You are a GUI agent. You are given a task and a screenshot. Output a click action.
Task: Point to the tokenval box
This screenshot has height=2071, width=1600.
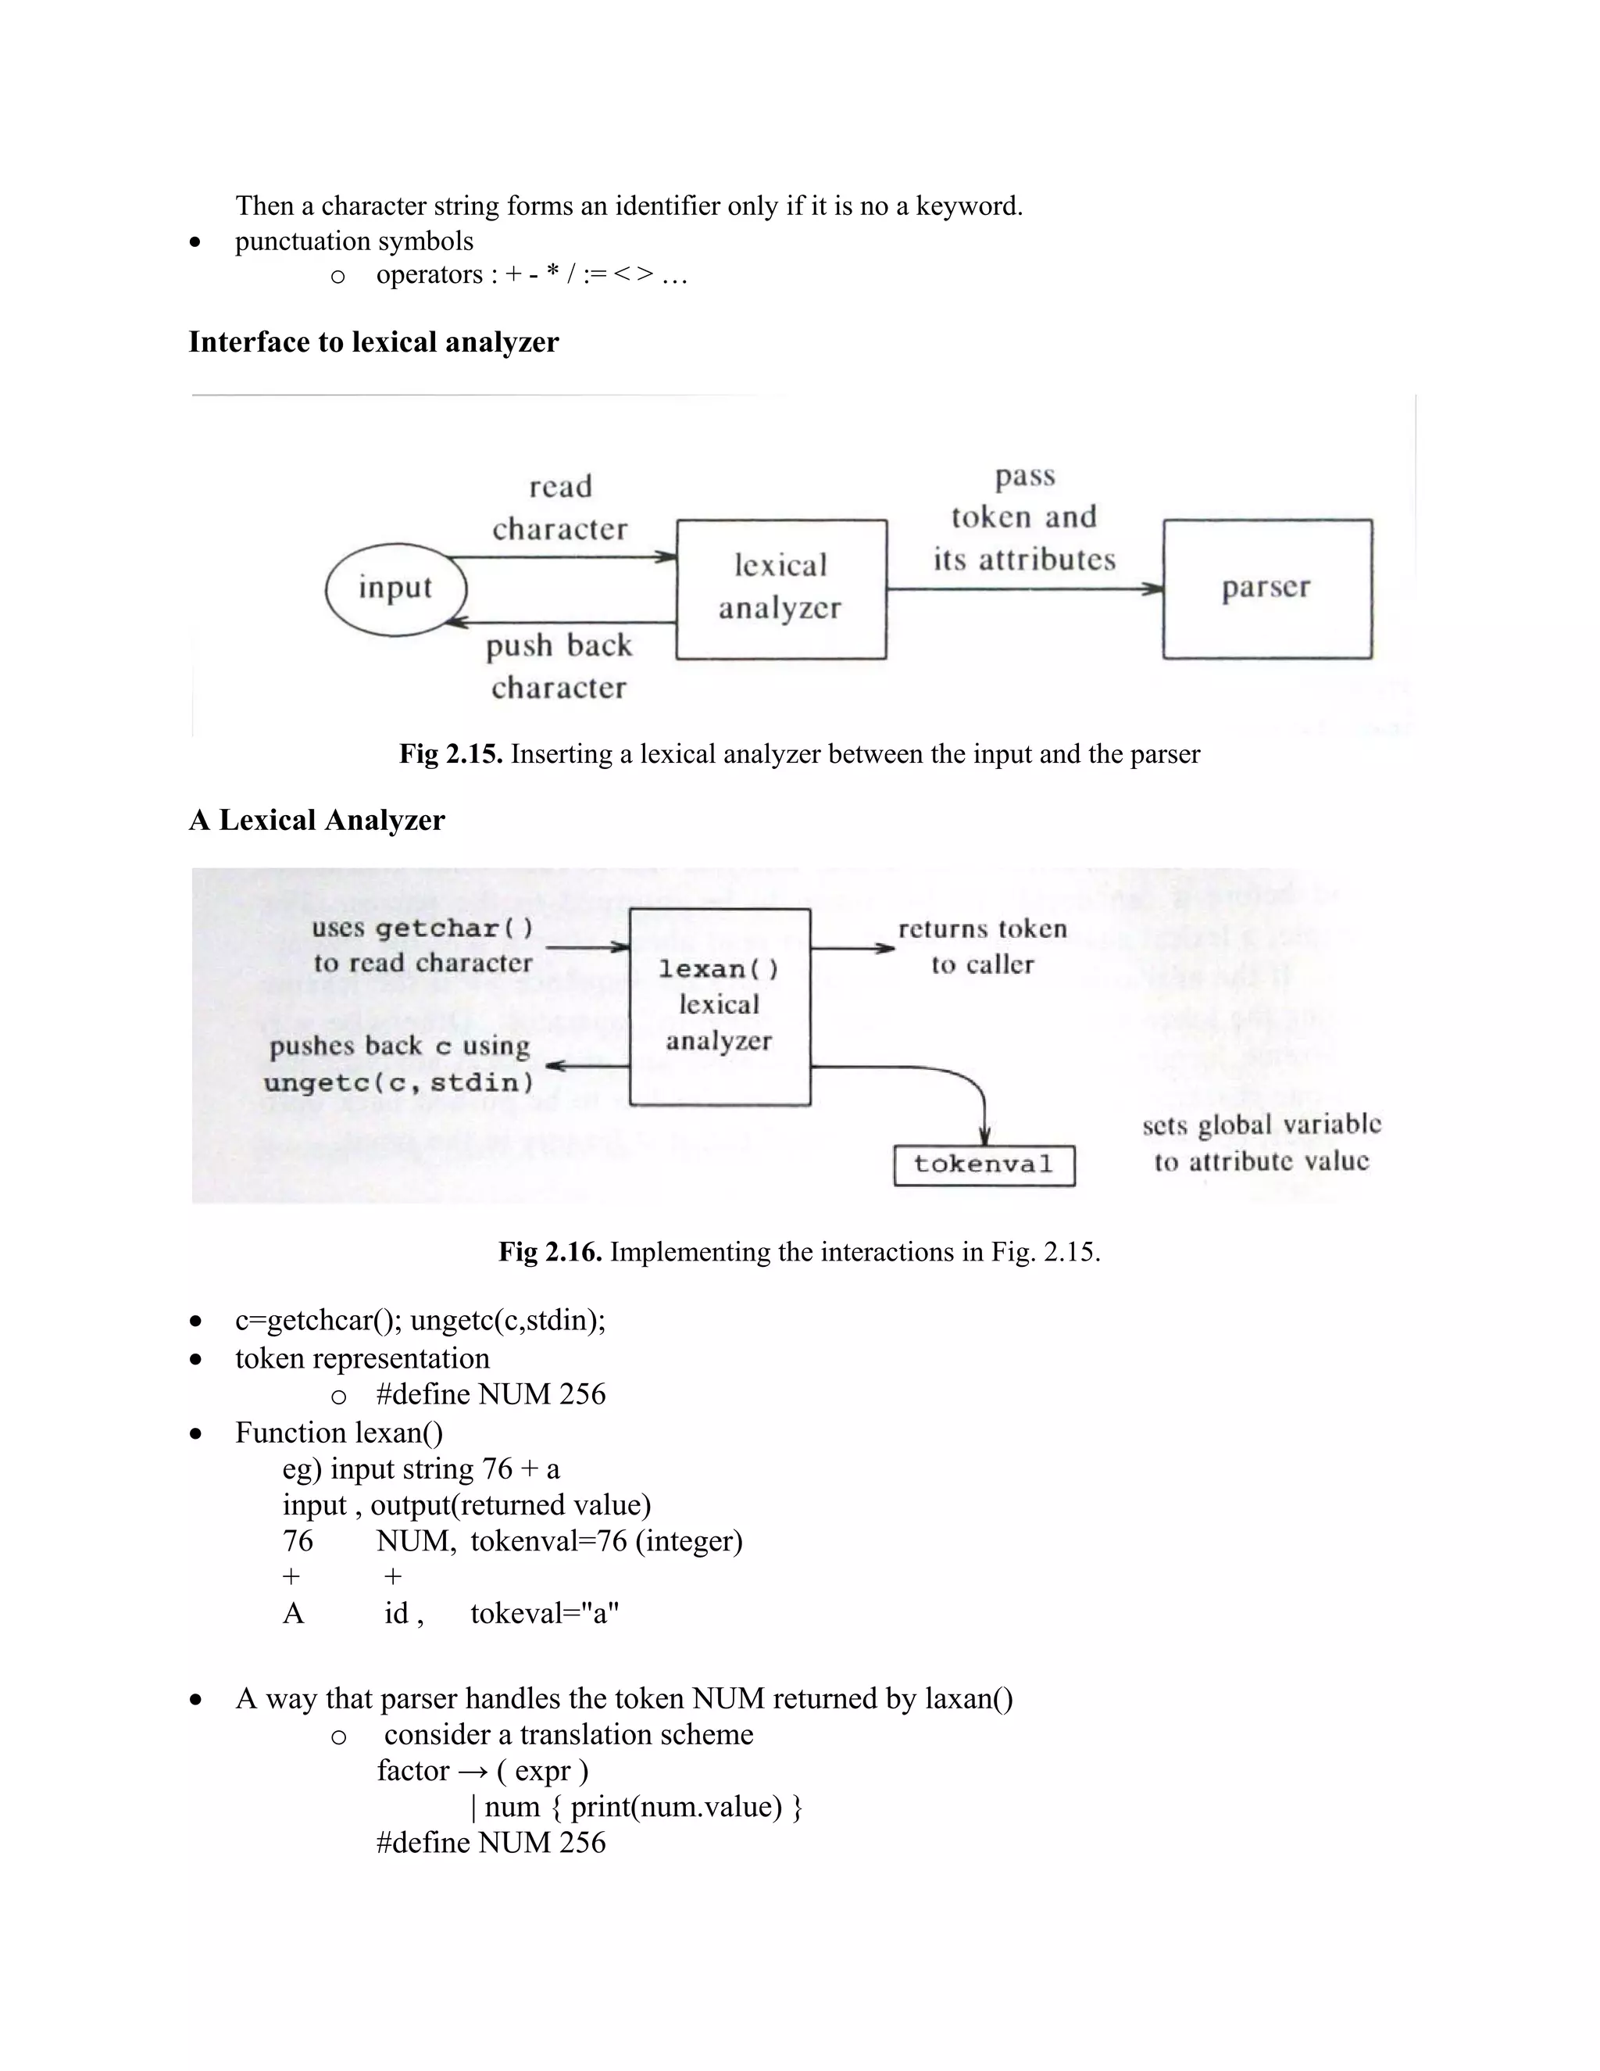coord(984,1164)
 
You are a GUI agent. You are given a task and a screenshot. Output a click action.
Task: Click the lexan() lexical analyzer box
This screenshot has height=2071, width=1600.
coord(720,1006)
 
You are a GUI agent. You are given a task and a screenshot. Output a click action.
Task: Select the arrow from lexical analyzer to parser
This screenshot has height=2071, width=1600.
coord(1023,589)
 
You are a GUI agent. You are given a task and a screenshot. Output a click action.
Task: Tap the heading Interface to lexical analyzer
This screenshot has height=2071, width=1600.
coord(373,342)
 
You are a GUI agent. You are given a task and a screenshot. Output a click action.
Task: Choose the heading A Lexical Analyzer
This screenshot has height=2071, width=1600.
coord(316,821)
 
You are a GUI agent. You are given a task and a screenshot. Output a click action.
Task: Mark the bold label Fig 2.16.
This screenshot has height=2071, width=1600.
coord(550,1252)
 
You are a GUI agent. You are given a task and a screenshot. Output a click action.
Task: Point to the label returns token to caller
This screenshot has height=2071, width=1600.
coord(982,946)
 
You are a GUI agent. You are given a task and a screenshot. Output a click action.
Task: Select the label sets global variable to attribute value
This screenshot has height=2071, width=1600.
coord(1261,1143)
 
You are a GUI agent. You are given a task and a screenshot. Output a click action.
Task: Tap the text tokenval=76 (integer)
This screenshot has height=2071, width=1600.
coord(606,1541)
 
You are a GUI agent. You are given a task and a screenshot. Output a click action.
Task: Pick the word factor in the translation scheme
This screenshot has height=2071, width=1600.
coord(412,1770)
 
